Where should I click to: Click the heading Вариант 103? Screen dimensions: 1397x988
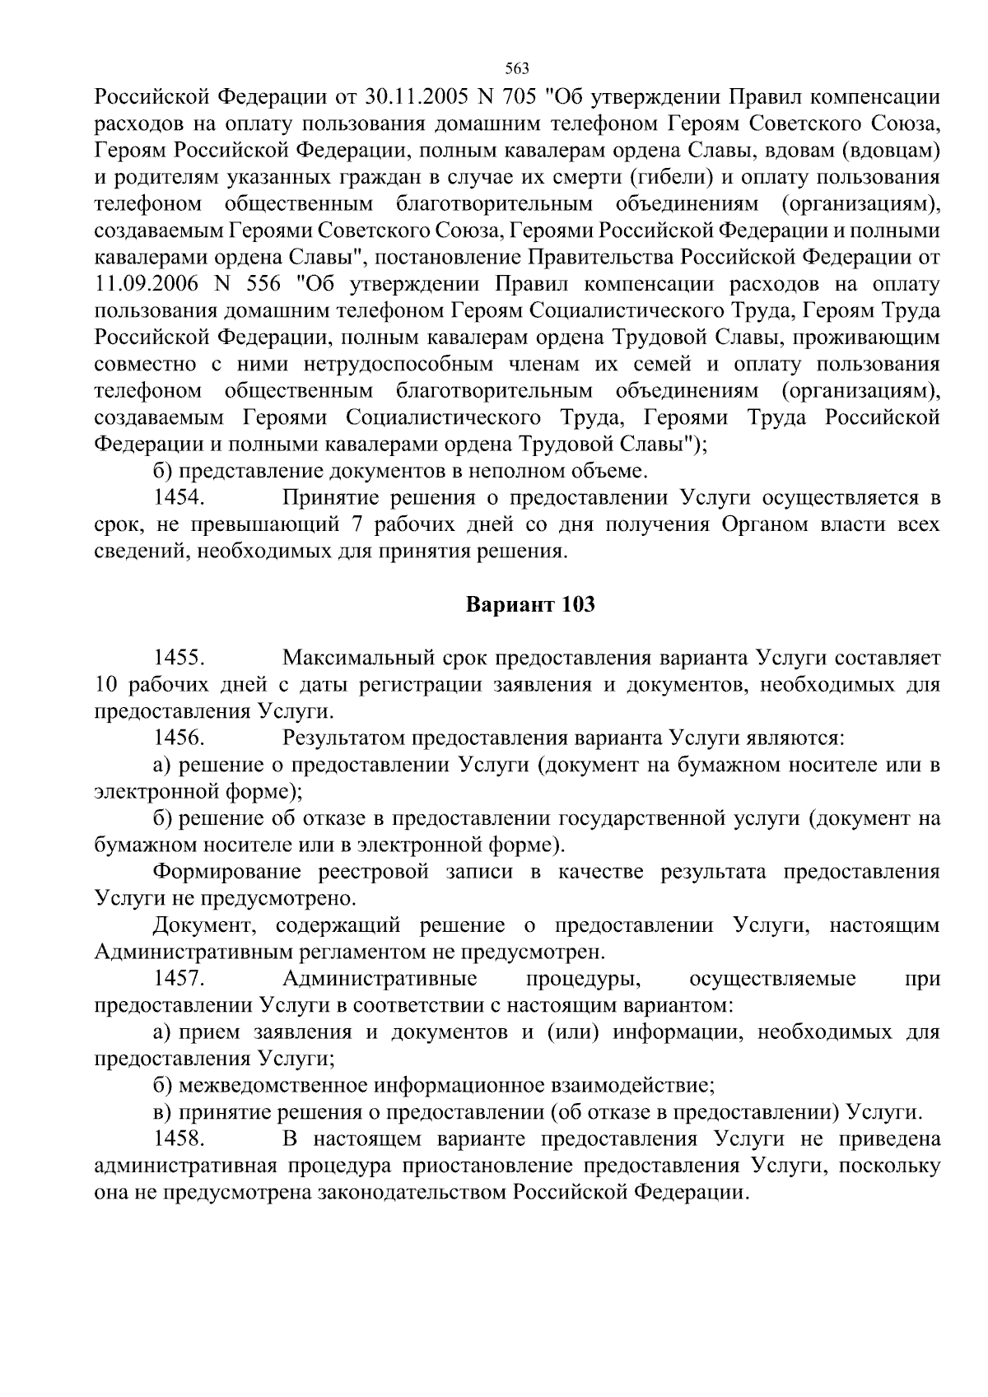[530, 605]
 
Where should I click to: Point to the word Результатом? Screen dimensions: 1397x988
[343, 738]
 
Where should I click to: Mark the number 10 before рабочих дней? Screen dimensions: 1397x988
[108, 685]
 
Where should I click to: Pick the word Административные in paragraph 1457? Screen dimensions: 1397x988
[380, 979]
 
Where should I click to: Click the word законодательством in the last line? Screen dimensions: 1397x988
[412, 1193]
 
